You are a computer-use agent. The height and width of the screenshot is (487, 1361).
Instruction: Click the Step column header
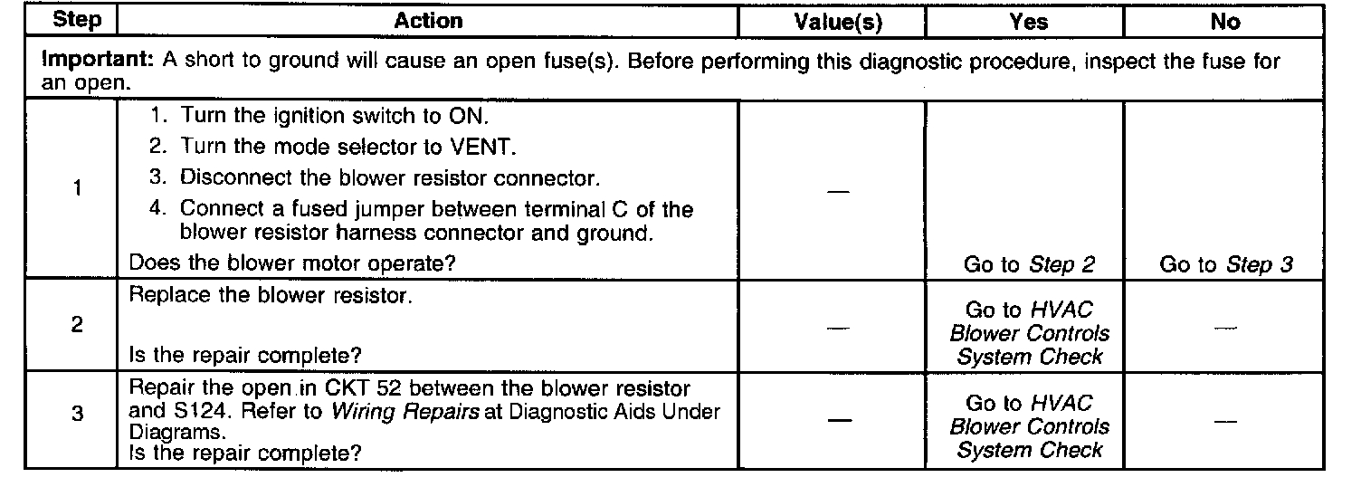point(71,21)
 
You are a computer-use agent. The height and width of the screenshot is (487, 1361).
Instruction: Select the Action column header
point(428,21)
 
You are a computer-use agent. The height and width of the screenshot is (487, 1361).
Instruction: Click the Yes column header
point(1029,22)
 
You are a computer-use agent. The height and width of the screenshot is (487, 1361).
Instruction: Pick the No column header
point(1224,22)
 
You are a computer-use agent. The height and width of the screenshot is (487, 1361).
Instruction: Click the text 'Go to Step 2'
point(1029,264)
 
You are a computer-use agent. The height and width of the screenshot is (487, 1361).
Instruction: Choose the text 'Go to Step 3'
point(1226,264)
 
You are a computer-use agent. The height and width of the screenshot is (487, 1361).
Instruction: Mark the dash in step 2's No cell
point(1224,327)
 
